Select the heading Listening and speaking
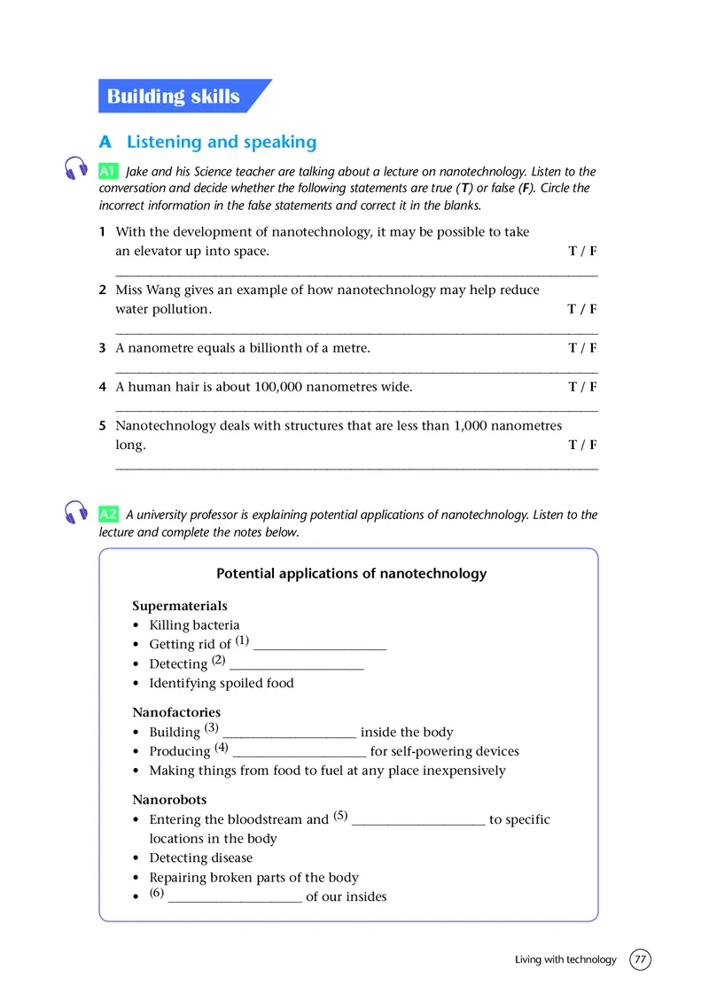tap(222, 142)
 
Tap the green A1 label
tap(108, 171)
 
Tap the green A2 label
tap(108, 514)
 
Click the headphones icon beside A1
tap(77, 169)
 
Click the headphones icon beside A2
tap(77, 512)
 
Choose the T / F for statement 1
tap(582, 252)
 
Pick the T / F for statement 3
tap(582, 348)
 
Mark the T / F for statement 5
tap(582, 446)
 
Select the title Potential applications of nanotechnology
tap(352, 574)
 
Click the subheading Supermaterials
tap(180, 606)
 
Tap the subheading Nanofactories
tap(176, 712)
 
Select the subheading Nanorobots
tap(169, 800)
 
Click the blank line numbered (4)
tap(299, 753)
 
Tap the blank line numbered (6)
tap(235, 898)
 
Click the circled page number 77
tap(640, 959)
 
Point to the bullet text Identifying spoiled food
tap(222, 683)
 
